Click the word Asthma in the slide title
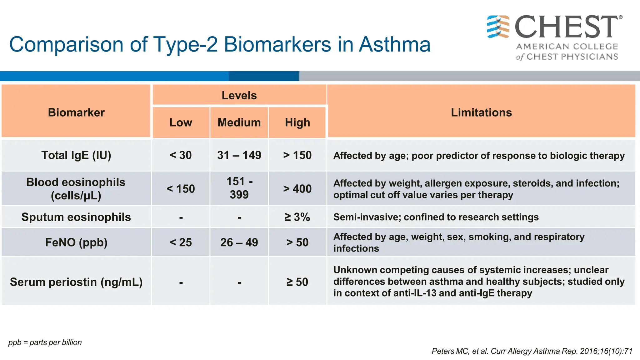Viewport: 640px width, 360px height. [x=394, y=44]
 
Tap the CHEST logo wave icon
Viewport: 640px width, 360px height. [x=498, y=27]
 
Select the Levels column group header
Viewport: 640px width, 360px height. [x=239, y=95]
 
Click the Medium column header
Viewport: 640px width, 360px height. [x=239, y=122]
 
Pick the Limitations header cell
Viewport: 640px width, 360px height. [x=481, y=112]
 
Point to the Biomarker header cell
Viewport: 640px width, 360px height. [x=76, y=112]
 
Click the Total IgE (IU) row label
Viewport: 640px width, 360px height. [x=76, y=155]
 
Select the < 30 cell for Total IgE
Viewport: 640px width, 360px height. [x=181, y=155]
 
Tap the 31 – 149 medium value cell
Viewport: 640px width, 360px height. [x=239, y=155]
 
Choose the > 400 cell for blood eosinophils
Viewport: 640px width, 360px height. [x=297, y=189]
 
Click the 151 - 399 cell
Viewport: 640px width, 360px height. [x=239, y=188]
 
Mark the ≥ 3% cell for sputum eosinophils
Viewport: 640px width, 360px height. [x=297, y=217]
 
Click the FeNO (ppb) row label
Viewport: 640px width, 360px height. [x=76, y=242]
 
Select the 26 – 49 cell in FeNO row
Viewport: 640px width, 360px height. [x=239, y=242]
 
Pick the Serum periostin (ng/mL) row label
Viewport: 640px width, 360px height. [x=76, y=282]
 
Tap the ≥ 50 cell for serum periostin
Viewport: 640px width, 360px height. [x=297, y=282]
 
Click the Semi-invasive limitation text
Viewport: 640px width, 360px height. [x=436, y=217]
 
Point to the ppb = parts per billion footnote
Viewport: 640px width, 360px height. [x=45, y=342]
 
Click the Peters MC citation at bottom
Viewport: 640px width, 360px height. [x=532, y=351]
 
